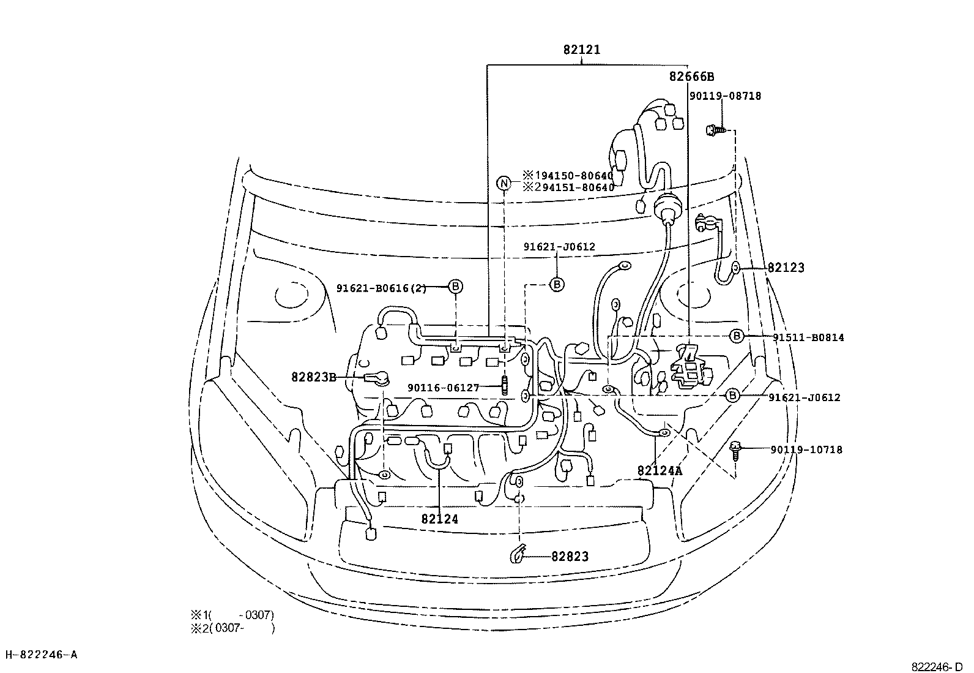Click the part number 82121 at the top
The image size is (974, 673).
(582, 50)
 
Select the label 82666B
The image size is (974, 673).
(691, 77)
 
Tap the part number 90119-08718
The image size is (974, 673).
(725, 96)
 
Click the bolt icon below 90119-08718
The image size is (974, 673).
(716, 129)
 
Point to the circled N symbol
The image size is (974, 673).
(504, 183)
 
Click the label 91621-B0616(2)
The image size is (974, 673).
(381, 288)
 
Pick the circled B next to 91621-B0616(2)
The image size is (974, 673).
(455, 287)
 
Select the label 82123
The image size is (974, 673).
(786, 268)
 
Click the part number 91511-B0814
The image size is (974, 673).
(808, 337)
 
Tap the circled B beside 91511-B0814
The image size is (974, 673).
(737, 336)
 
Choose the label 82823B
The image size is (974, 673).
(314, 377)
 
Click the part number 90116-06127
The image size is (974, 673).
(444, 388)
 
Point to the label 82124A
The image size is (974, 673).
(660, 470)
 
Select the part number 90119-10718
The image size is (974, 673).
(806, 449)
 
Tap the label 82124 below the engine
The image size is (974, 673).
(440, 519)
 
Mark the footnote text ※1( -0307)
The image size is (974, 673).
(232, 615)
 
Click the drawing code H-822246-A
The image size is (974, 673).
(42, 655)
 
